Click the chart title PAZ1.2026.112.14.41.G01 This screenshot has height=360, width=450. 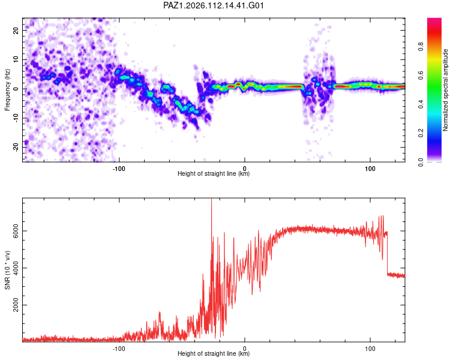point(213,5)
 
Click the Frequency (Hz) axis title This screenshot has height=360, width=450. point(7,90)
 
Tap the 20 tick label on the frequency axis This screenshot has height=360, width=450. point(16,31)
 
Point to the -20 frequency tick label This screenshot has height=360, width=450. point(16,148)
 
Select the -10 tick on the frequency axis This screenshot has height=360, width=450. point(16,118)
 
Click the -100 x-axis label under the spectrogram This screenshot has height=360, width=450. point(119,169)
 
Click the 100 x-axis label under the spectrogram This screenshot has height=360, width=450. point(370,169)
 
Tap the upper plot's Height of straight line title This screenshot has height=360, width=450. point(214,173)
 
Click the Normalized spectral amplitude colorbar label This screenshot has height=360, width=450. point(445,90)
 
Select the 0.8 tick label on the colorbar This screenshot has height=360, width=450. point(421,47)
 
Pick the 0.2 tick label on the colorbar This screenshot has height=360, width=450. point(421,133)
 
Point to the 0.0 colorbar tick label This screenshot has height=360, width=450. point(421,162)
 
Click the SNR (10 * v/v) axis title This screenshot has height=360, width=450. point(7,270)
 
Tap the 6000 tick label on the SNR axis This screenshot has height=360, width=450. point(16,231)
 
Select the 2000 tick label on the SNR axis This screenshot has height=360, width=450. point(16,305)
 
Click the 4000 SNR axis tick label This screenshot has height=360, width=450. point(16,268)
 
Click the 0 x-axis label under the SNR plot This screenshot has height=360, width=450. point(245,349)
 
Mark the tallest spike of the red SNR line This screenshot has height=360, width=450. point(212,200)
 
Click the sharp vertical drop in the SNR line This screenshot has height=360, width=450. point(387,253)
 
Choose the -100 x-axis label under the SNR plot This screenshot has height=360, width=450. point(119,349)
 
